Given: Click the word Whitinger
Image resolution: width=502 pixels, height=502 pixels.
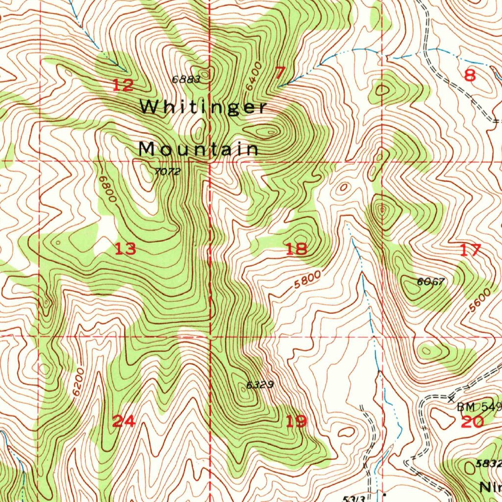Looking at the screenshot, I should click(x=204, y=107).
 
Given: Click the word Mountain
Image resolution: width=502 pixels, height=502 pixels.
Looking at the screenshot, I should click(x=199, y=149).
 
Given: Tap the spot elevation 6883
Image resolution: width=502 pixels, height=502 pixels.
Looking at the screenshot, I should click(x=186, y=79).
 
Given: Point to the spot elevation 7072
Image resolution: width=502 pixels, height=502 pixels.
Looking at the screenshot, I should click(x=168, y=172).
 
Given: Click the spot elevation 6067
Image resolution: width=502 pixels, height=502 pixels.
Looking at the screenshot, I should click(x=431, y=281).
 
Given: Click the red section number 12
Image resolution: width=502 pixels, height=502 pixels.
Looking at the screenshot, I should click(x=123, y=86).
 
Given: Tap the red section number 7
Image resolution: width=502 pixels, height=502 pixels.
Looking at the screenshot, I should click(x=279, y=74).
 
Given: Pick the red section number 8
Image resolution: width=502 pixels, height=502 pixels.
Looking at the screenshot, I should click(x=470, y=75).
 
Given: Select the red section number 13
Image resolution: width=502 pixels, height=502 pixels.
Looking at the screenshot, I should click(x=125, y=249).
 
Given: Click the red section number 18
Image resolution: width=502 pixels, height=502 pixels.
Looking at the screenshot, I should click(x=296, y=249).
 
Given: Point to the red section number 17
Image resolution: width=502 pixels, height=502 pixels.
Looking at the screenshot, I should click(x=471, y=251).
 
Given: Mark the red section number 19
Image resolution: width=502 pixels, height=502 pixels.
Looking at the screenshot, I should click(x=296, y=421).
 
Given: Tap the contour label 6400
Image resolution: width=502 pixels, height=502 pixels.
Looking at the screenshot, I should click(x=254, y=76).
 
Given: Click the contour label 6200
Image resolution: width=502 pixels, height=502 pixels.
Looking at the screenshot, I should click(x=77, y=382).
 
